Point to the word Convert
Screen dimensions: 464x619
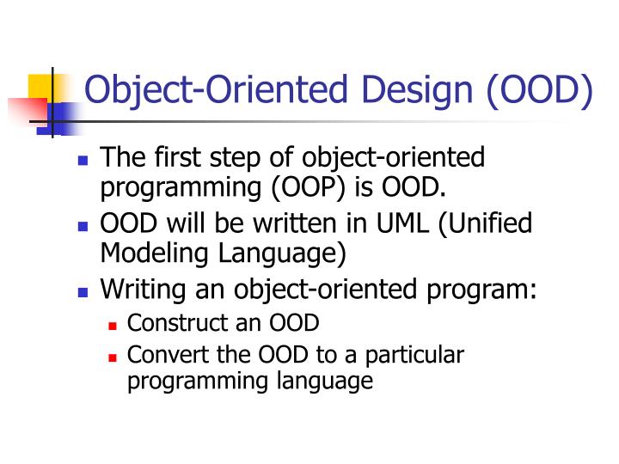click(158, 355)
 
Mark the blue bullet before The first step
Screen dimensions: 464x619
click(83, 161)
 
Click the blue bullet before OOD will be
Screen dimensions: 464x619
click(83, 226)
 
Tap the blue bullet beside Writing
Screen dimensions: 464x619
click(83, 292)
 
